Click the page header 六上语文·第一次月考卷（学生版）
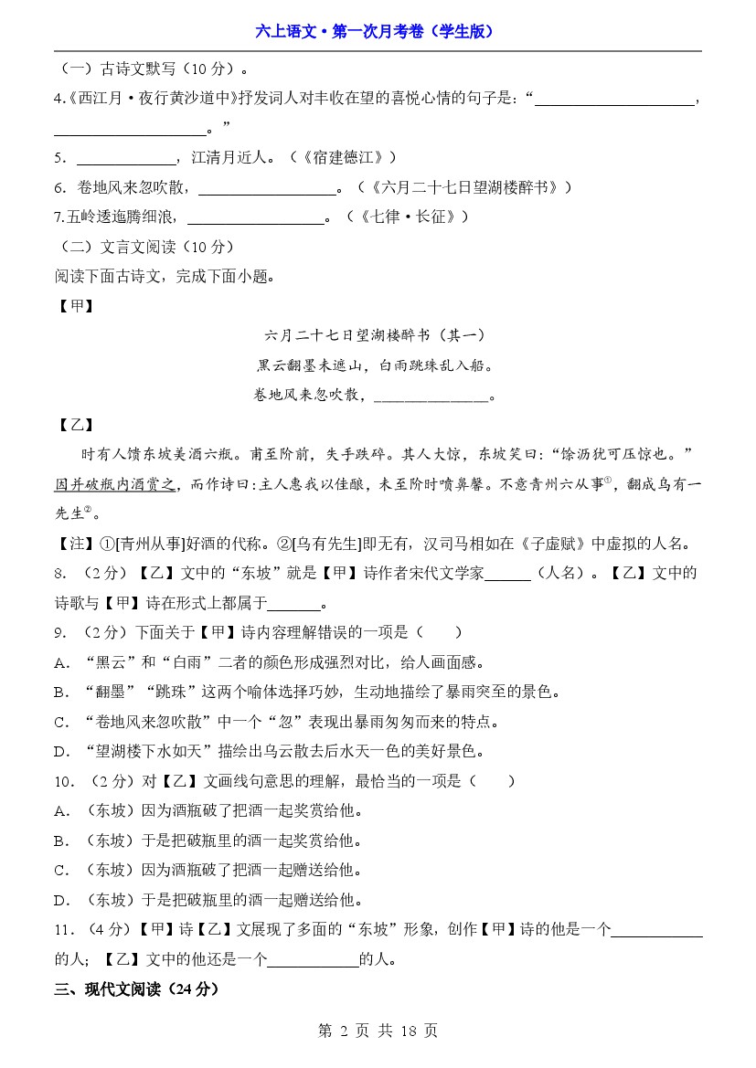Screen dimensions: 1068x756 (378, 31)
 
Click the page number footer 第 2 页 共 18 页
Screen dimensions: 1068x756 (378, 1031)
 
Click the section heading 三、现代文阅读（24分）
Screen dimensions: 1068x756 (137, 989)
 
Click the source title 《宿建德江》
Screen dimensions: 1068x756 (348, 157)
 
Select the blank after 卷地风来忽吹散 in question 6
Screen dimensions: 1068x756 (267, 188)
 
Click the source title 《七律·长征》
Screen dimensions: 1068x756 (415, 217)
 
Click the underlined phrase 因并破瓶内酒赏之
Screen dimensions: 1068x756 (116, 484)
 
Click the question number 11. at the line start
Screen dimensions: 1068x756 (64, 930)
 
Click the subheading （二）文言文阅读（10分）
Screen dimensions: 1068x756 (145, 247)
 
